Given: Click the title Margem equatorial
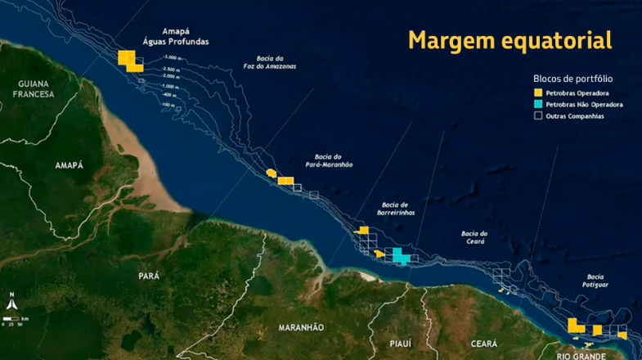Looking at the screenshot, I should pos(510,39).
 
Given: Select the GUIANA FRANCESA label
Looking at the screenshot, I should pos(32,88).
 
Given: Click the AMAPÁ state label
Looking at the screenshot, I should pos(69,165).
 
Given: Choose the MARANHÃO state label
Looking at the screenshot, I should pos(301,327).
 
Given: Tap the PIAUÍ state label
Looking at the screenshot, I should pos(400,344).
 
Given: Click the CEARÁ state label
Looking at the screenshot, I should pos(484,344).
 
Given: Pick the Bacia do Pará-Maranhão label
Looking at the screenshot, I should pos(333,160).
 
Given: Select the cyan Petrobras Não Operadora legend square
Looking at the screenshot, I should pos(538,105).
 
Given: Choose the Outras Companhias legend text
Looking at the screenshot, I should pos(576,116).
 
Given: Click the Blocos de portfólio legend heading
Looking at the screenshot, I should pos(572,79).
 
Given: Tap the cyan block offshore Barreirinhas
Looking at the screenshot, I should pos(401,256).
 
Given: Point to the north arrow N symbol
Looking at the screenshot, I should pos(12,296).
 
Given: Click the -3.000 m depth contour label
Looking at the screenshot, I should pos(171,57).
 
